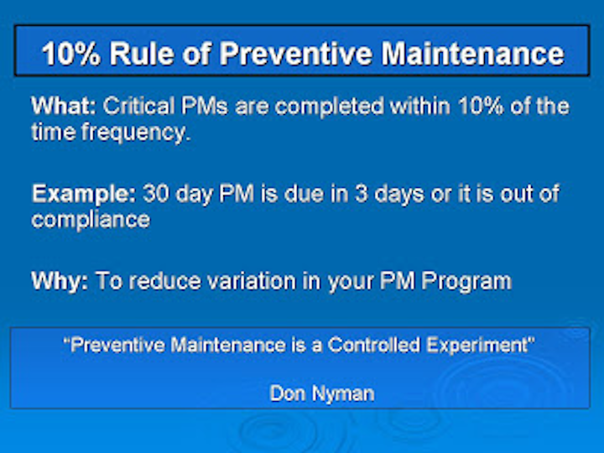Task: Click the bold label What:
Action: pos(65,107)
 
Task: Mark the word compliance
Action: pos(91,219)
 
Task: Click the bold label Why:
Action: pos(60,280)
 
